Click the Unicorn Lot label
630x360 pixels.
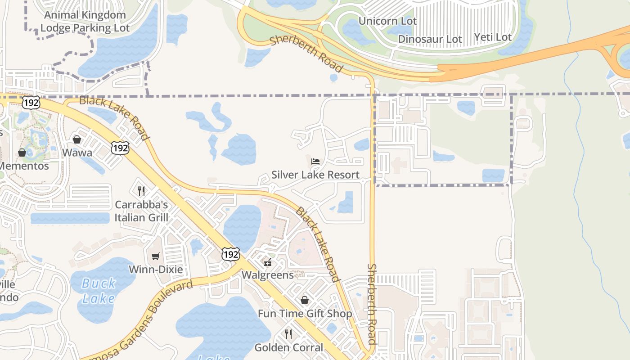387,21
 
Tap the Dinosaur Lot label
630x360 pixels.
430,39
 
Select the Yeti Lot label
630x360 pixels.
493,37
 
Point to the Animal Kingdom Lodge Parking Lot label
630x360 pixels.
85,21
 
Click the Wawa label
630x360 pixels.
77,153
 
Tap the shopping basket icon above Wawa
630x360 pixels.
77,139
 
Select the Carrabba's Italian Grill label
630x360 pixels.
141,211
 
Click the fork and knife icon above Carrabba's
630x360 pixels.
141,191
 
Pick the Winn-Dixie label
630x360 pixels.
156,270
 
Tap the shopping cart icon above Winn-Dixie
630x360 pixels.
156,256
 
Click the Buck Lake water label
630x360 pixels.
99,291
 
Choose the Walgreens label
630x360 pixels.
268,275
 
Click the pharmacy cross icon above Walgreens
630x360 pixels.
268,263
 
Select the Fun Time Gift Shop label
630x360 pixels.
305,314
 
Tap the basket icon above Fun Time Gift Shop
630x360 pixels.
305,300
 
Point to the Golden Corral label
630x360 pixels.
288,347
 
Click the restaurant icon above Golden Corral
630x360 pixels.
288,334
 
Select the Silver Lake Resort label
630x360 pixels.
315,175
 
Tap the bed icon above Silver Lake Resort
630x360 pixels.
315,161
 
